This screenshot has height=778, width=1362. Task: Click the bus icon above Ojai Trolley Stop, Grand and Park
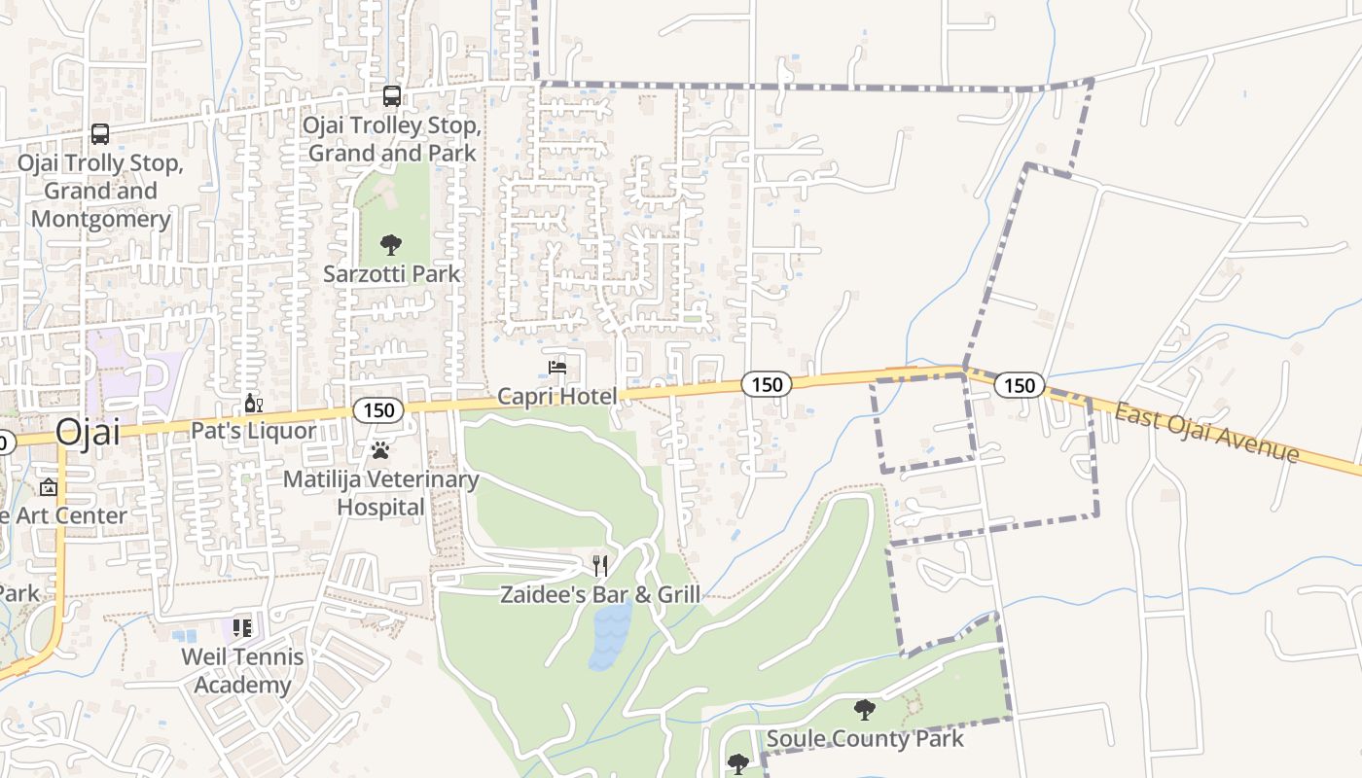click(x=391, y=96)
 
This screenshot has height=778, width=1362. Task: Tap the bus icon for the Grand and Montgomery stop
click(x=99, y=134)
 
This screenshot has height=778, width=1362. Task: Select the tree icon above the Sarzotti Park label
click(x=391, y=245)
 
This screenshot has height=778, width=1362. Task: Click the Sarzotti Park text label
click(x=392, y=274)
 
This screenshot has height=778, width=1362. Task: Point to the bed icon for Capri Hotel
click(x=556, y=368)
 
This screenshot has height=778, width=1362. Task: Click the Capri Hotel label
click(x=556, y=396)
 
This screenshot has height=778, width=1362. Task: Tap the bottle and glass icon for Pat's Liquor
click(x=253, y=404)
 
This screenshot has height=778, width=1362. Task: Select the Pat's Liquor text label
click(x=253, y=431)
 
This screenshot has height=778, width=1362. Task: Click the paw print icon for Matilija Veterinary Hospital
click(x=379, y=450)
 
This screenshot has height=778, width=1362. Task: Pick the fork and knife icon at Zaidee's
click(x=600, y=565)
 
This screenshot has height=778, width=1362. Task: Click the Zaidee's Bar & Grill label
click(x=600, y=593)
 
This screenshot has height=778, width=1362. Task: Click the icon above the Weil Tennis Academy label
click(x=242, y=628)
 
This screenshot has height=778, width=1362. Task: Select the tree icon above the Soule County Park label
click(x=864, y=710)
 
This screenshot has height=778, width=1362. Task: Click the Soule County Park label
click(x=865, y=738)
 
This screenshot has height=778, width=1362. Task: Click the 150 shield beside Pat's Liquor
click(x=377, y=410)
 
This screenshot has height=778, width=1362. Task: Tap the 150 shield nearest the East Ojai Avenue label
click(x=1019, y=386)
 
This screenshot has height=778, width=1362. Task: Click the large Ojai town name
click(x=88, y=432)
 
